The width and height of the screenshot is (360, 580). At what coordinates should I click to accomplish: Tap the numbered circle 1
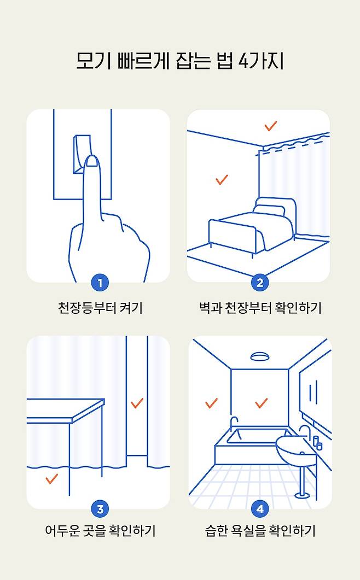[x=100, y=283]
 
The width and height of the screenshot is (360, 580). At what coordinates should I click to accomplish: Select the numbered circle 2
[x=260, y=283]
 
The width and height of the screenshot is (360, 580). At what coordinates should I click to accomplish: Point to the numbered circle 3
[x=100, y=509]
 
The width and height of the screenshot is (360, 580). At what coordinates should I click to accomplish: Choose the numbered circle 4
[x=260, y=509]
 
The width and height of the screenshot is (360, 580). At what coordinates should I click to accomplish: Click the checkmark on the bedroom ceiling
[x=271, y=126]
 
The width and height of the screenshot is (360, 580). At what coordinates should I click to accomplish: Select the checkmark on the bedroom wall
[x=222, y=180]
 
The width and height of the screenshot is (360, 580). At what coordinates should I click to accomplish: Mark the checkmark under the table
[x=51, y=479]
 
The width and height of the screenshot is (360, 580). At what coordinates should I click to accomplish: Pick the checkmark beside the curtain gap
[x=137, y=403]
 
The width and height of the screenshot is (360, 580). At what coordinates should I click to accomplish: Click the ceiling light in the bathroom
[x=260, y=356]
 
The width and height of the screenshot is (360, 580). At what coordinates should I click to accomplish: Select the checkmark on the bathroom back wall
[x=262, y=403]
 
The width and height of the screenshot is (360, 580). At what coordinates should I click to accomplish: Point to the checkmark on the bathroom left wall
[x=212, y=403]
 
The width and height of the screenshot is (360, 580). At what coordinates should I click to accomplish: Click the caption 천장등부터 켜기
[x=100, y=308]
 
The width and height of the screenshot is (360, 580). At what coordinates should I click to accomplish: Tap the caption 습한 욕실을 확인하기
[x=260, y=531]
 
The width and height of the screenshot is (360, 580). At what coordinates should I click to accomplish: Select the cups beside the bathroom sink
[x=317, y=443]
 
